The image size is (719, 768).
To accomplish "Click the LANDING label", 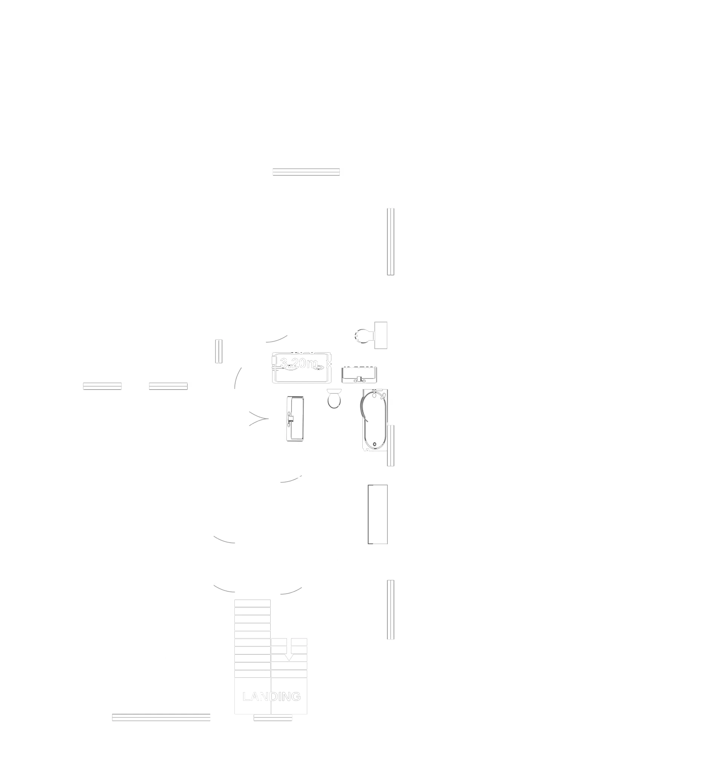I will click(x=271, y=697).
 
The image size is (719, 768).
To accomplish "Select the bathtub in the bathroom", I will click(x=373, y=420).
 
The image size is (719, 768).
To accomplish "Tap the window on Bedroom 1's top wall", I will click(x=306, y=172).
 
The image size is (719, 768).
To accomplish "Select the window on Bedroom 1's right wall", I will click(x=391, y=242).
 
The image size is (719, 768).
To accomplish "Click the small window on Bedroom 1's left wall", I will click(x=219, y=351).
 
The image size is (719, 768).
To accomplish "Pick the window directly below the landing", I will click(x=272, y=717).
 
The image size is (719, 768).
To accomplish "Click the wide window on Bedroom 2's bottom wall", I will click(x=162, y=717).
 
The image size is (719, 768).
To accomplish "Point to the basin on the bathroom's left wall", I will click(x=295, y=418).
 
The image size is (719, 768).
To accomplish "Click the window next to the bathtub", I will click(x=391, y=446).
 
